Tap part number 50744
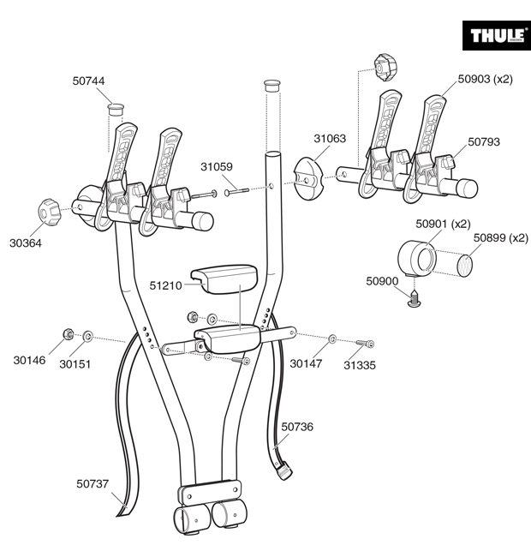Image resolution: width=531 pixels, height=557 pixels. [89, 81]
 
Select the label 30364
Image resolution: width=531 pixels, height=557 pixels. [26, 243]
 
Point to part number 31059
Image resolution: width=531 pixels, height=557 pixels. [217, 167]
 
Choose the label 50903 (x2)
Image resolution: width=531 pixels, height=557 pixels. [485, 79]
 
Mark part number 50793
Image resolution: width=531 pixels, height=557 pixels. [483, 142]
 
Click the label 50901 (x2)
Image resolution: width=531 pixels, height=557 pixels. [443, 225]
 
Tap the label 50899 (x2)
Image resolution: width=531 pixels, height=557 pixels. [501, 238]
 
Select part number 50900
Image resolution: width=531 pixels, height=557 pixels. [382, 281]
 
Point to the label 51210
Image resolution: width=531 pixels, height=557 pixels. [165, 285]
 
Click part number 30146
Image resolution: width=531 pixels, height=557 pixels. [29, 361]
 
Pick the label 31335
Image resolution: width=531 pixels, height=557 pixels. [360, 364]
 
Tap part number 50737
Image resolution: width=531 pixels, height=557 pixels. [92, 484]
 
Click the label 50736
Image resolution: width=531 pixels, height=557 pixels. [297, 426]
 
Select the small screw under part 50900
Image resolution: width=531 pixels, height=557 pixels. [417, 298]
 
